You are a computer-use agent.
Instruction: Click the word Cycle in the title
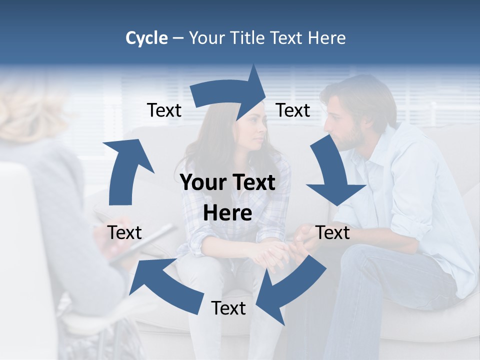tap(146, 38)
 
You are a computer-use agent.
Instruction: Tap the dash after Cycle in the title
tap(178, 38)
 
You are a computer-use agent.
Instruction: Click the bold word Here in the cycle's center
tap(227, 213)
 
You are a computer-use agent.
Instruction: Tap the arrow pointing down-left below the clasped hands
tap(290, 290)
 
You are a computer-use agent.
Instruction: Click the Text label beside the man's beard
tap(293, 110)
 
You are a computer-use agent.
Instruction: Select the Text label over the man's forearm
tap(333, 232)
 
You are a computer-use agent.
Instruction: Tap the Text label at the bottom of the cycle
tap(228, 308)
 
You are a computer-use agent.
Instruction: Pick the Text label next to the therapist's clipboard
tap(124, 232)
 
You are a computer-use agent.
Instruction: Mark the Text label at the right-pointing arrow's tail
tap(164, 110)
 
